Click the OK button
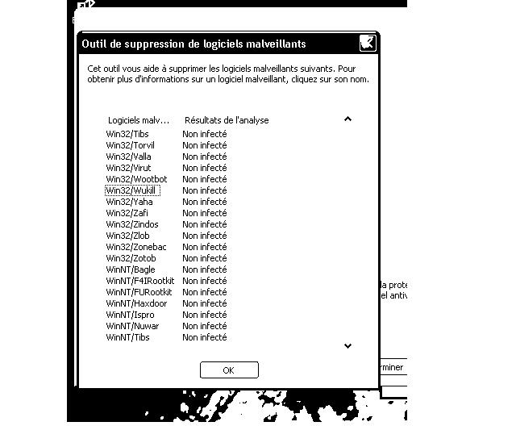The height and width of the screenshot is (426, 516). (x=229, y=370)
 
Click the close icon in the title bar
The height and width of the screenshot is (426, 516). (x=367, y=44)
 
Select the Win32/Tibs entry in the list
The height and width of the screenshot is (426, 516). (x=127, y=134)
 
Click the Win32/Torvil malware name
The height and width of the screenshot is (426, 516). (x=130, y=145)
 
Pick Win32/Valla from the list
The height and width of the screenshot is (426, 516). (x=128, y=157)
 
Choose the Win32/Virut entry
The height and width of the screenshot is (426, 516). (x=128, y=168)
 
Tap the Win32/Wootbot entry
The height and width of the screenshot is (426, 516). (x=136, y=179)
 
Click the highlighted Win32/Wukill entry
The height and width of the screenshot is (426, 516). (x=132, y=190)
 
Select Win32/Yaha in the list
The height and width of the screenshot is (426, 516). (x=129, y=202)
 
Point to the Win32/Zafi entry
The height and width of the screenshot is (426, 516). (x=128, y=213)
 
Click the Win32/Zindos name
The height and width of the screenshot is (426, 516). (x=132, y=224)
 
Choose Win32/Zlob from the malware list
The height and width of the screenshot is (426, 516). (x=128, y=236)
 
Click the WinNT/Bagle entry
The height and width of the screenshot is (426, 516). (x=131, y=269)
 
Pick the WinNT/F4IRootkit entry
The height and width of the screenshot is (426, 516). (x=139, y=281)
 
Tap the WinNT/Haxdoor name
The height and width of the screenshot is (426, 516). (x=136, y=303)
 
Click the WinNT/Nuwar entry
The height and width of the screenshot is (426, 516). (x=132, y=326)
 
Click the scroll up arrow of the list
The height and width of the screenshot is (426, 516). (x=347, y=119)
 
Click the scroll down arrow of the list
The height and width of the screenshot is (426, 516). (x=347, y=346)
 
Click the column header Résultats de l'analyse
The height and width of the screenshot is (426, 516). (x=227, y=120)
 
